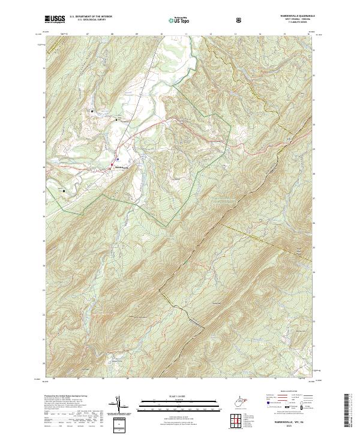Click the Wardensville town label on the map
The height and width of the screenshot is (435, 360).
pyautogui.click(x=122, y=167)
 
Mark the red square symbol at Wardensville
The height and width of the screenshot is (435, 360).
pyautogui.click(x=112, y=163)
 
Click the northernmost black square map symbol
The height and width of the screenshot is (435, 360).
pyautogui.click(x=92, y=112)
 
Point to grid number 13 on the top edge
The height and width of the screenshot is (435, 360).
pyautogui.click(x=235, y=35)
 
